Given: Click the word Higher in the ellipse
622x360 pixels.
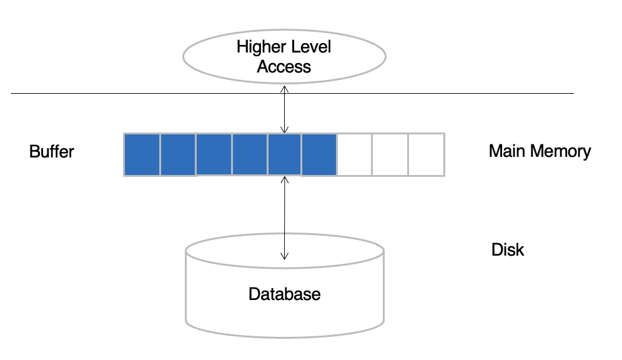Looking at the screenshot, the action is (x=260, y=47).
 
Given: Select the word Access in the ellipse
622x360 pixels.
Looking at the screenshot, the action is (x=284, y=67).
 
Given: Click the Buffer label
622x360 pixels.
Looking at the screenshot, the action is (x=52, y=152).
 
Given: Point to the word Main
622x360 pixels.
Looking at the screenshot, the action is (x=507, y=151).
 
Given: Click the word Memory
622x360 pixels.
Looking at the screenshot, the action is (x=561, y=152).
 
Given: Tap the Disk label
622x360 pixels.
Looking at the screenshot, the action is (x=508, y=249).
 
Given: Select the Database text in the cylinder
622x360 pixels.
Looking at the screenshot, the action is (x=284, y=294).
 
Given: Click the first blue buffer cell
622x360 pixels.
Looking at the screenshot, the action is (x=142, y=154).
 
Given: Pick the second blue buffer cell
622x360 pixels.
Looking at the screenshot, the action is (x=178, y=154).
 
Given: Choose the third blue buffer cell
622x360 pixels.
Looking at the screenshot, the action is (x=214, y=154).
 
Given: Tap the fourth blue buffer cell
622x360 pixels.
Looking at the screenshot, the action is (x=250, y=154).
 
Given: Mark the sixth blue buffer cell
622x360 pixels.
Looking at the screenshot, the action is (x=319, y=154).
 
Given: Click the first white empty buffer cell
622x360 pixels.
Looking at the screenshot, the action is (x=354, y=154).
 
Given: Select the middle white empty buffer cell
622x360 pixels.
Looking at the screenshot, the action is (x=390, y=154).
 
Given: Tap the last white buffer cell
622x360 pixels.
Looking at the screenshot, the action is (x=427, y=154).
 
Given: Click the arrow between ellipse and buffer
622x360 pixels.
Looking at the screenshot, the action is (x=284, y=109).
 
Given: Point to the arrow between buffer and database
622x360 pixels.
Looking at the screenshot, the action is (x=284, y=218).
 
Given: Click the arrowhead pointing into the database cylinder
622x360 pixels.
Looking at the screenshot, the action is (x=284, y=256).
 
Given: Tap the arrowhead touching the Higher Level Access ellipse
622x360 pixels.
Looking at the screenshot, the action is (x=284, y=89).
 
